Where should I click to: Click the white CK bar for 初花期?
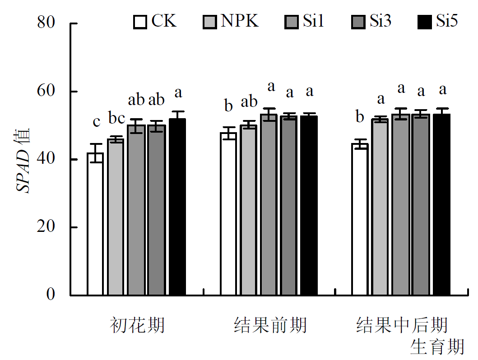[x=95, y=224]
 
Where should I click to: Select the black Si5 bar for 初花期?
[x=177, y=207]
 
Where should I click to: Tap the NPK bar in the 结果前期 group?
[x=248, y=210]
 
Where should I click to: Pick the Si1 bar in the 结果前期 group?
[x=269, y=205]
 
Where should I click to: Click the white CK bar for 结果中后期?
[x=360, y=220]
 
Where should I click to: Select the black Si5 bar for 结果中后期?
[x=442, y=205]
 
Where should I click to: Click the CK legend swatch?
[x=140, y=22]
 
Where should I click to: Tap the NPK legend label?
[x=239, y=21]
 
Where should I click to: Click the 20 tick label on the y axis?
[x=46, y=227]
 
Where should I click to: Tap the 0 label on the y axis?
[x=51, y=295]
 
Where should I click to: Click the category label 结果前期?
[x=270, y=325]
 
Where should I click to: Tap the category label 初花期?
[x=137, y=325]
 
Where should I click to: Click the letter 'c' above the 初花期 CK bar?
[x=96, y=121]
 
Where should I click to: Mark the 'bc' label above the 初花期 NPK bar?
[x=116, y=119]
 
